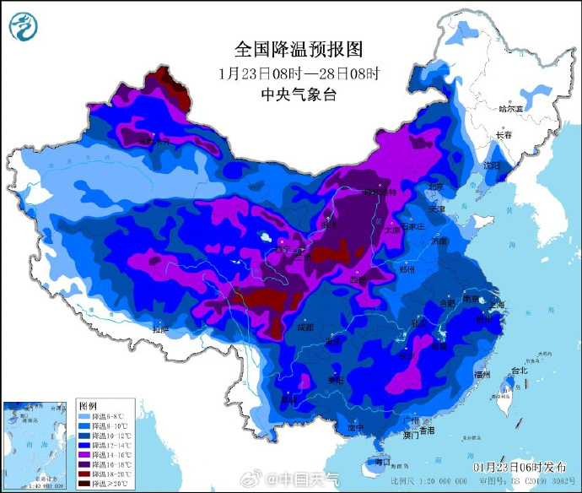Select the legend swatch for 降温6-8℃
(84, 416)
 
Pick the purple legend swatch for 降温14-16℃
(84, 453)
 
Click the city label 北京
(435, 187)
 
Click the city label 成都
(304, 326)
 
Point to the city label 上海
(496, 304)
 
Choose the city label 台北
(518, 370)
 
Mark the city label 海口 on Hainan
(382, 462)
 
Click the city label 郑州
(407, 269)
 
